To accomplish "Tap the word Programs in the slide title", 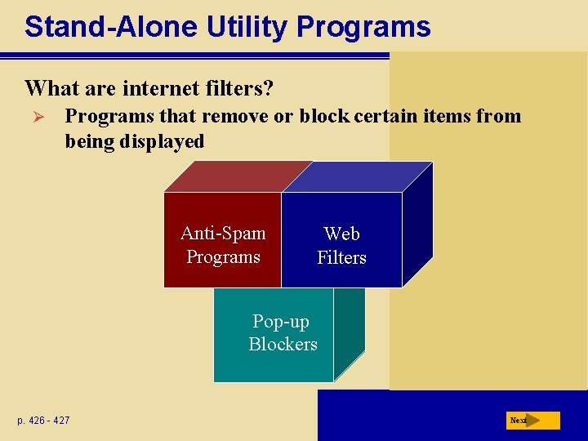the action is pos(363,27).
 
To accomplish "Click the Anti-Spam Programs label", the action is pos(223,245).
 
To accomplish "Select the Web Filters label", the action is pos(341,246).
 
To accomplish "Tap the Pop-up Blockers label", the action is pos(283,333).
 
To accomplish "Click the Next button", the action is pos(532,421).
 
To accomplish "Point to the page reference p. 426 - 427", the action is pos(43,421).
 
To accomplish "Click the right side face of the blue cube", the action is pos(416,225).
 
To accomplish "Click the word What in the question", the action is pos(48,87).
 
